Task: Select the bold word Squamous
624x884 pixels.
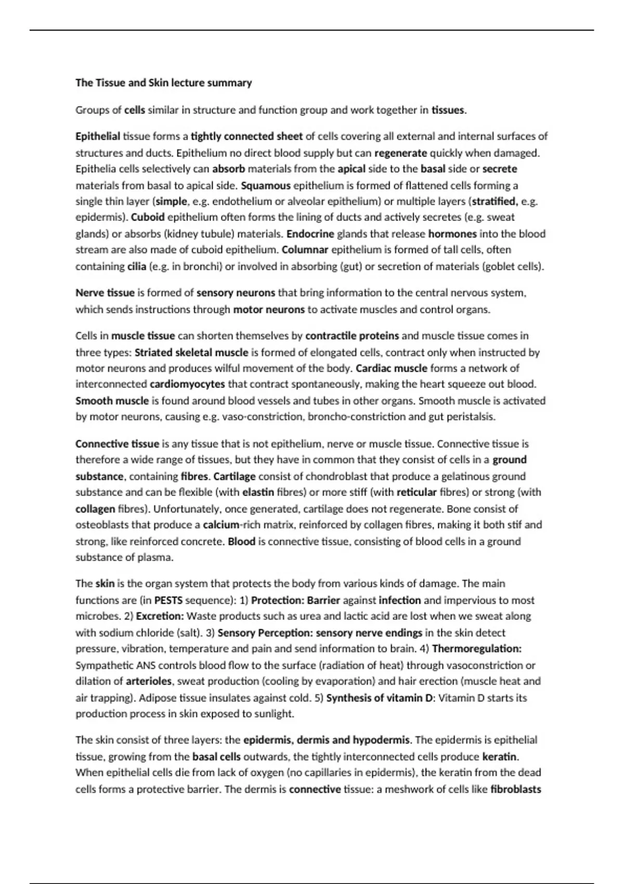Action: pos(266,185)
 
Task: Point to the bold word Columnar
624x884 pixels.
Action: pos(305,250)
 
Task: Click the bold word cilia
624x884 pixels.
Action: pos(136,266)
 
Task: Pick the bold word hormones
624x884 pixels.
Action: pos(452,233)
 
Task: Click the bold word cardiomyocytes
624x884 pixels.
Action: pos(187,384)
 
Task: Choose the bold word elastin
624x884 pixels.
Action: pos(258,492)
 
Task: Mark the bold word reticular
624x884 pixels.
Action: pos(417,492)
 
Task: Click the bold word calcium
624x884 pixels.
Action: pos(221,525)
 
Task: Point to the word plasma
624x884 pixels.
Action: pos(154,557)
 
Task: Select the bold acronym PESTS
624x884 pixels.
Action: pos(168,600)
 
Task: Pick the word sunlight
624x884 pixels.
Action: pos(274,714)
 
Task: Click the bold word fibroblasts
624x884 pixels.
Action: pos(515,789)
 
